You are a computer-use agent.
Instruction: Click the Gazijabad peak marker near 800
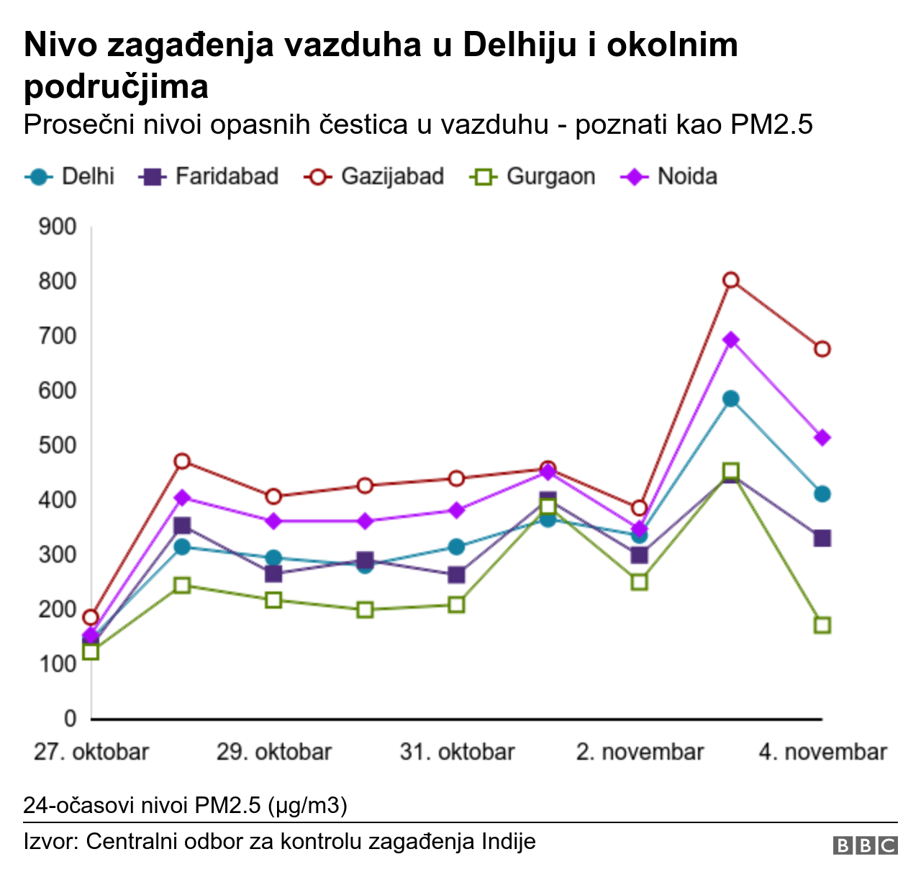(730, 280)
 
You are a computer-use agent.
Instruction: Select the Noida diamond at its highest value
(730, 340)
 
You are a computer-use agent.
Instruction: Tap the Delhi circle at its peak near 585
(730, 399)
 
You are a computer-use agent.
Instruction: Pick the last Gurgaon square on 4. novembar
(822, 625)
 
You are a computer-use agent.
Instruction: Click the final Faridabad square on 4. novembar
(822, 538)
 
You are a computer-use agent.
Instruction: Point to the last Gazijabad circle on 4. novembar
(822, 349)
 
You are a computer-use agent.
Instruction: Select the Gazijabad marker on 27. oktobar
(91, 617)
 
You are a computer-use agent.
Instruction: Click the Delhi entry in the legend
(71, 176)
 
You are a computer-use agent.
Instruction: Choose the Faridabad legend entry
(209, 176)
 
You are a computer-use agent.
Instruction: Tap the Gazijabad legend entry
(374, 176)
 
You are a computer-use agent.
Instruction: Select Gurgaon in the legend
(533, 176)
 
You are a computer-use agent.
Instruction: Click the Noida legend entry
(670, 176)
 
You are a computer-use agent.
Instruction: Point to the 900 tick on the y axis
(58, 227)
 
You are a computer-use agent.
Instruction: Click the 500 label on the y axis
(58, 445)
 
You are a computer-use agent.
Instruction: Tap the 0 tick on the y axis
(70, 718)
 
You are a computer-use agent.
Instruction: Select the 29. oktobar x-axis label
(274, 752)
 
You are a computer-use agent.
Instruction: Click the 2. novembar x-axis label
(640, 752)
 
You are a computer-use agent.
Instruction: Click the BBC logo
(865, 845)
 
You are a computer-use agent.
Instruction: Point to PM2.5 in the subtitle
(771, 124)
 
